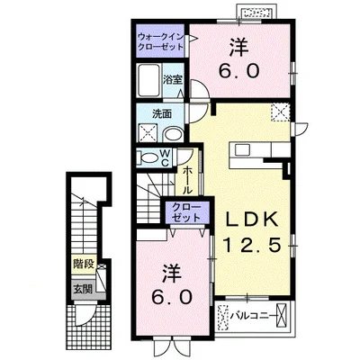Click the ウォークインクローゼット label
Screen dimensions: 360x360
coord(160,41)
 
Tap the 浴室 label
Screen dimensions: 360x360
coord(173,79)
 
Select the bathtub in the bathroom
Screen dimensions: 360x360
coord(148,80)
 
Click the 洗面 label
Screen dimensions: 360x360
coord(162,113)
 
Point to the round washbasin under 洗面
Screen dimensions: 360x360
coord(174,134)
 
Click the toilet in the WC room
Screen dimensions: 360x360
coord(149,158)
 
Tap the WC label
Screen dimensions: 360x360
coord(166,158)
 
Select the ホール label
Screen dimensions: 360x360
coord(187,180)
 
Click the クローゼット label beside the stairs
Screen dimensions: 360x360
coord(186,212)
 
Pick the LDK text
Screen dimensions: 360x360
coord(251,220)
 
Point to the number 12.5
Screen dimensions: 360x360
coord(251,245)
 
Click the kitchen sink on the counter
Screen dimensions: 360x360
coord(241,149)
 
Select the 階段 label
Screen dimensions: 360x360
coord(84,265)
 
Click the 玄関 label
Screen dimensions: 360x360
coord(83,289)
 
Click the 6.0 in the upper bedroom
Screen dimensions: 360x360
coord(238,72)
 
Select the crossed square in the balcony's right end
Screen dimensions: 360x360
coord(282,315)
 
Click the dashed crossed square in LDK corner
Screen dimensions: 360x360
coord(281,112)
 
